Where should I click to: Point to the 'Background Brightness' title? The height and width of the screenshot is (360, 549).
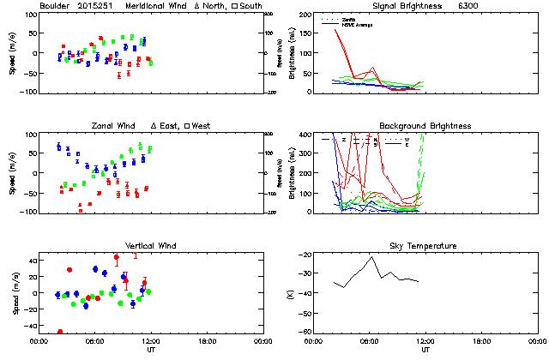coord(425,126)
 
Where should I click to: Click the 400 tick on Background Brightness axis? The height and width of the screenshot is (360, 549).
coord(305,135)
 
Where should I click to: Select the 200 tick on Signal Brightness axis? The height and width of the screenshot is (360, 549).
coord(305,15)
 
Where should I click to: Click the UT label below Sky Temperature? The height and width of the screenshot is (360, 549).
coord(425,350)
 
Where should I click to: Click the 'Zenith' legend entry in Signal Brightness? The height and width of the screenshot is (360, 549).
coord(350,18)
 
